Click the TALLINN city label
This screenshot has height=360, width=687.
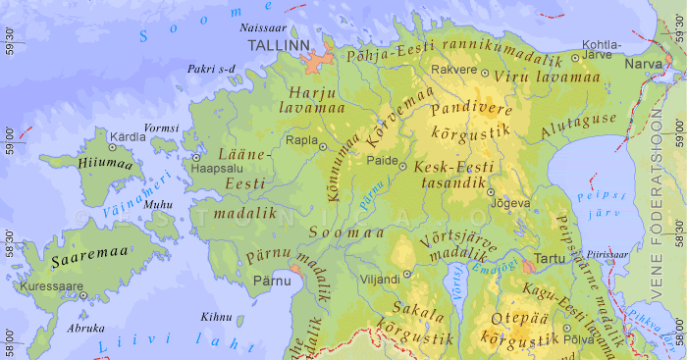click(x=279, y=46)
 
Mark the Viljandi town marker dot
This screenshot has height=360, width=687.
click(x=405, y=277)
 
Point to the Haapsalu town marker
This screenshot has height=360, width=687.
click(x=196, y=157)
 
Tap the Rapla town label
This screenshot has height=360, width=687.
click(x=300, y=140)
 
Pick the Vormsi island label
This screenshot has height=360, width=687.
click(x=162, y=129)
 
